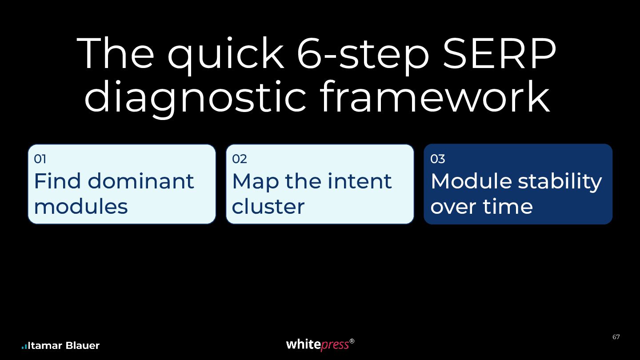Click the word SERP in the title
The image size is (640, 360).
pyautogui.click(x=499, y=53)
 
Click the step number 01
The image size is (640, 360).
pyautogui.click(x=40, y=159)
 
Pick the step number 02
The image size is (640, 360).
pyautogui.click(x=240, y=159)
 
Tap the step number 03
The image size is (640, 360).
pyautogui.click(x=438, y=159)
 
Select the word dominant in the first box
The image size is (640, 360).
pyautogui.click(x=141, y=181)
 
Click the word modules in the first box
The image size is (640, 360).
pyautogui.click(x=81, y=206)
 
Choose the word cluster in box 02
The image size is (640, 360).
pyautogui.click(x=268, y=206)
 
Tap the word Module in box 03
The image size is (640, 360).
pyautogui.click(x=471, y=181)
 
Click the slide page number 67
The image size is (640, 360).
pyautogui.click(x=616, y=337)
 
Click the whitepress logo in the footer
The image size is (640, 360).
pyautogui.click(x=320, y=344)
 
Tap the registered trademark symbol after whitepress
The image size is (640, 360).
pyautogui.click(x=352, y=341)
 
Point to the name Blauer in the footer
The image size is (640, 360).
pyautogui.click(x=83, y=346)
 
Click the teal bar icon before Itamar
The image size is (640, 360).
pyautogui.click(x=24, y=347)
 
